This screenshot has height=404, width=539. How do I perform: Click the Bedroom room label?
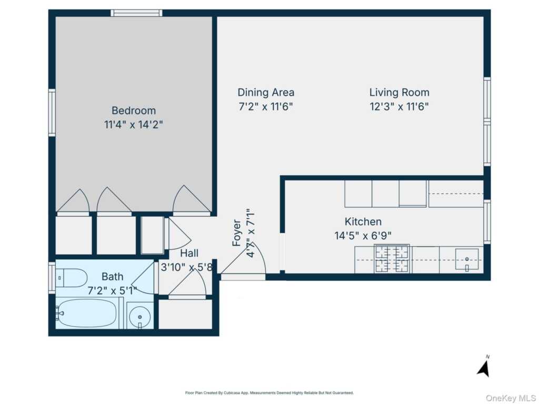coord(134,110)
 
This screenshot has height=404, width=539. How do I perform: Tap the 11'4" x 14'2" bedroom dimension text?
coord(134,125)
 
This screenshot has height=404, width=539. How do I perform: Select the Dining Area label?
coord(266,93)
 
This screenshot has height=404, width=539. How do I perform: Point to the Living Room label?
coord(399,93)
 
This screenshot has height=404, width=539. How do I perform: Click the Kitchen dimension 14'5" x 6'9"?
coord(363,236)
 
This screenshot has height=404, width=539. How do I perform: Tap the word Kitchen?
coord(363,221)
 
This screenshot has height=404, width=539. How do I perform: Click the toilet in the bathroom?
coord(71,277)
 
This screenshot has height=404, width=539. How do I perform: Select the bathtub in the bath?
coord(87,313)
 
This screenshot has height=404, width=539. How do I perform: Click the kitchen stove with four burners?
coord(392,259)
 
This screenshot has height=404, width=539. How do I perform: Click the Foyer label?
coord(237,233)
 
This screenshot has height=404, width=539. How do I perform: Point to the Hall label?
coord(189,253)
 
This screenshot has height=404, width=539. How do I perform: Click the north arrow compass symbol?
coord(484,367)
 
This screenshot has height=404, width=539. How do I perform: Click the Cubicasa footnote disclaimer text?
coord(269,392)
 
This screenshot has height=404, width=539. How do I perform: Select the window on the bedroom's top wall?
coord(136,13)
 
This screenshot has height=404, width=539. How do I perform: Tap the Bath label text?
coord(112,277)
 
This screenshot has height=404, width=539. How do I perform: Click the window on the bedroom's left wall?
coord(52,113)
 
